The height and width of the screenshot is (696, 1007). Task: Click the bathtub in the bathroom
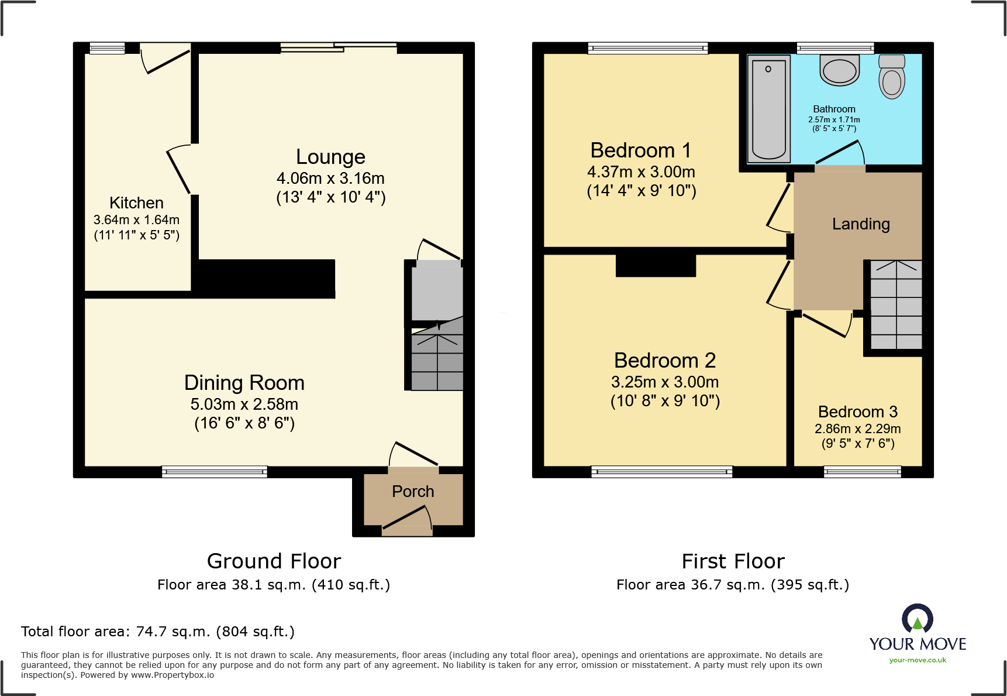pos(768,109)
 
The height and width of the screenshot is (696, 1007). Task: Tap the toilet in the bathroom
pos(892,78)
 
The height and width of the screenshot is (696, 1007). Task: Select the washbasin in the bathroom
pos(840,70)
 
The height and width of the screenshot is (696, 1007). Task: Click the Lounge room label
pos(330,157)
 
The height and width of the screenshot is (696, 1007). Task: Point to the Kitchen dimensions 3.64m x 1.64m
pos(136,220)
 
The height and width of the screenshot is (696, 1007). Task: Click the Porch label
pos(413,491)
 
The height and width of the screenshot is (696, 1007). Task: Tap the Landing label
pos(861,224)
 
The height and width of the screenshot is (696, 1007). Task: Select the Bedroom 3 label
pos(857,412)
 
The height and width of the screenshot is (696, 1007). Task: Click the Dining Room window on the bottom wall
pos(215,471)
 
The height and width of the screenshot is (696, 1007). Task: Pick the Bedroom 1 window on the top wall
pos(648,48)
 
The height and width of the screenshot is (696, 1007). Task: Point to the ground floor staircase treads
pos(437,361)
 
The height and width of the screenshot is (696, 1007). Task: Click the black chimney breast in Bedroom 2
pos(656,265)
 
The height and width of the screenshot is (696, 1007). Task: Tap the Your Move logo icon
pos(917,618)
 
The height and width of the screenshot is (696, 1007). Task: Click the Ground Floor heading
pos(274,561)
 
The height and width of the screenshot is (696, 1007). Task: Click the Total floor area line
pos(158,632)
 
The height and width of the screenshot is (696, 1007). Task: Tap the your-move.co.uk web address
pos(918,660)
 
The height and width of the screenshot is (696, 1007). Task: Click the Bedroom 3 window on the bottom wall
pos(862,471)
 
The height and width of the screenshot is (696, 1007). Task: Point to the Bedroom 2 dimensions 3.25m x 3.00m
pos(665,382)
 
